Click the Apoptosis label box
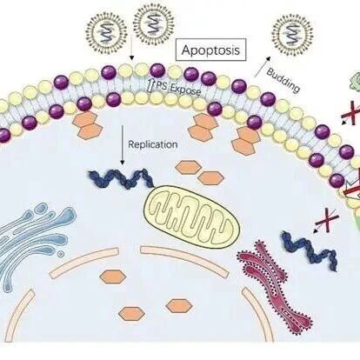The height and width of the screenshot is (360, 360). (x=211, y=50)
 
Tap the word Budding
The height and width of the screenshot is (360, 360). (x=283, y=81)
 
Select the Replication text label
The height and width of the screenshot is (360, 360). (x=153, y=144)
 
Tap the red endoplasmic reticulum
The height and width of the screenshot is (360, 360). (x=274, y=285)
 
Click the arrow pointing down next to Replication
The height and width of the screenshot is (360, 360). (x=123, y=145)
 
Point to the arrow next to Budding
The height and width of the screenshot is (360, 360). (x=263, y=66)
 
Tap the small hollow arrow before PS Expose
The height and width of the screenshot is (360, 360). (x=150, y=85)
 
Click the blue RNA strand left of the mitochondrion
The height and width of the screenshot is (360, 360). (x=122, y=178)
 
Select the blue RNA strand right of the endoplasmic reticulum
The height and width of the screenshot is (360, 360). (x=310, y=250)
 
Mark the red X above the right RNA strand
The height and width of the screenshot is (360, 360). (x=327, y=220)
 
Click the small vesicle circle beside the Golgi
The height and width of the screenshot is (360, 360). (x=61, y=254)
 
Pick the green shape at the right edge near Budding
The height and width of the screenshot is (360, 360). (x=355, y=82)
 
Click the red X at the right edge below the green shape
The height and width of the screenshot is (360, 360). (x=351, y=113)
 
